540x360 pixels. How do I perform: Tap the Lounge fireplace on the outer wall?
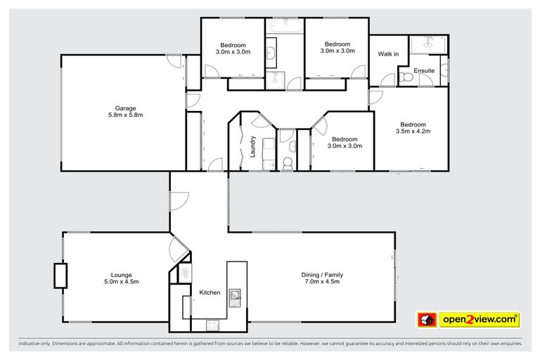click(x=60, y=276)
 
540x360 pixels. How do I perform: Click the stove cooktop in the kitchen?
click(x=211, y=325)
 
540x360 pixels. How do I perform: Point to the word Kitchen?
click(x=210, y=292)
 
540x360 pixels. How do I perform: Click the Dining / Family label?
click(x=322, y=275)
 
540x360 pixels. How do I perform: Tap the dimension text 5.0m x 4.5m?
click(x=121, y=282)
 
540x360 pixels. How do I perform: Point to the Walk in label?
click(x=388, y=54)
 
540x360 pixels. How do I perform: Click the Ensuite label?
click(x=424, y=71)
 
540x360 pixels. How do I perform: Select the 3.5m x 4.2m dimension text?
click(x=412, y=131)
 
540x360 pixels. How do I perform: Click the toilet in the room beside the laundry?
click(x=287, y=164)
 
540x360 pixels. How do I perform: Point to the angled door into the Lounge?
click(x=179, y=247)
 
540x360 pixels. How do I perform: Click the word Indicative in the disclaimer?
click(x=31, y=344)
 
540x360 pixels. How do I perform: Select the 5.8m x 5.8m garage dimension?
click(x=122, y=115)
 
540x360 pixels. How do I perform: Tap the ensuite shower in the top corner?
click(x=428, y=43)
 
